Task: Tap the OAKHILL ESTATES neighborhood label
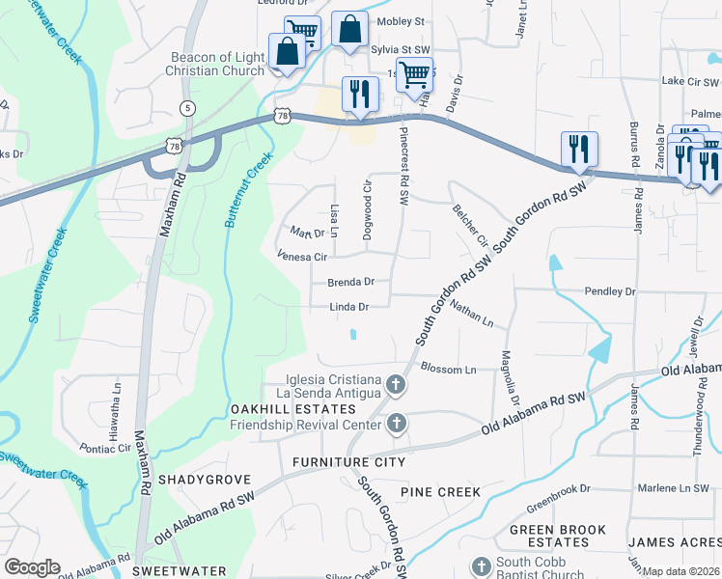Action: pos(273,409)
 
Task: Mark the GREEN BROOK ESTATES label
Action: pos(558,537)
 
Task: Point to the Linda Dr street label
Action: pos(350,307)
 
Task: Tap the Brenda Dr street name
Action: pos(350,283)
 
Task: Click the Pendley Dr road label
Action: pos(610,290)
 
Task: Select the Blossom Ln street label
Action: pos(449,370)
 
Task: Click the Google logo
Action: pos(32,567)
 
